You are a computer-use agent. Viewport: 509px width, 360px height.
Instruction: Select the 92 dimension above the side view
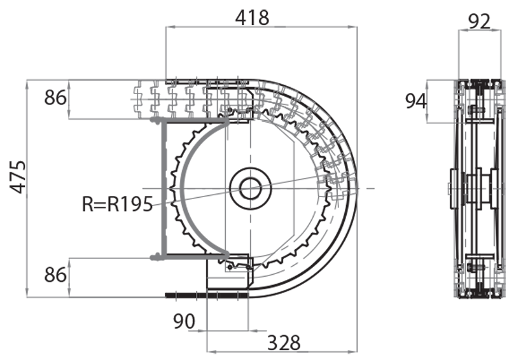(479, 21)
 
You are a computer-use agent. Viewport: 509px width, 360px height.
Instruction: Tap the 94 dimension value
(417, 100)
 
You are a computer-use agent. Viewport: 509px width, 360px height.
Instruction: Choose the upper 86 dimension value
(55, 99)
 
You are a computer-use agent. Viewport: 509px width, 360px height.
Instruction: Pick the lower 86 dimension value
(55, 275)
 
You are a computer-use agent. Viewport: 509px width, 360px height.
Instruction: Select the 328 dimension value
(283, 343)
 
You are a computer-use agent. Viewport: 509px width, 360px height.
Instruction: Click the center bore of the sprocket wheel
(251, 188)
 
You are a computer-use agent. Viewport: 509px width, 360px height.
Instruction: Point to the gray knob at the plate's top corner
(154, 120)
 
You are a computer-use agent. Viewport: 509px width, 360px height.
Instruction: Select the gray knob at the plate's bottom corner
(154, 257)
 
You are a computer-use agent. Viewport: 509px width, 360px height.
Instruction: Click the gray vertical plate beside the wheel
(164, 188)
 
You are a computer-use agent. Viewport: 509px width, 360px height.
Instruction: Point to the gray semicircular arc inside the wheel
(184, 188)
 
